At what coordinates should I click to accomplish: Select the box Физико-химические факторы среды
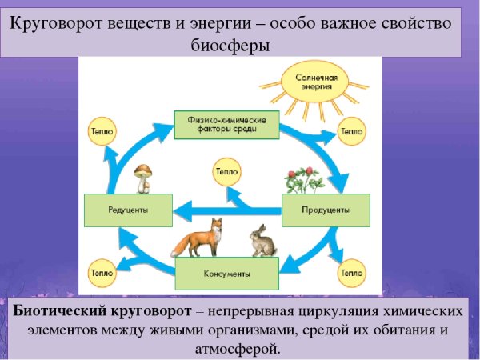(226, 124)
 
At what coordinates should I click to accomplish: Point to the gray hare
(260, 241)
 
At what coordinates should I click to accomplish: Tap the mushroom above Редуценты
(145, 178)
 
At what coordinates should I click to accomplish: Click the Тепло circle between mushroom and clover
(225, 170)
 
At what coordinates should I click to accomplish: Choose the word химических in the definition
(420, 309)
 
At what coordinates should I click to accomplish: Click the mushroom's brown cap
(145, 170)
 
